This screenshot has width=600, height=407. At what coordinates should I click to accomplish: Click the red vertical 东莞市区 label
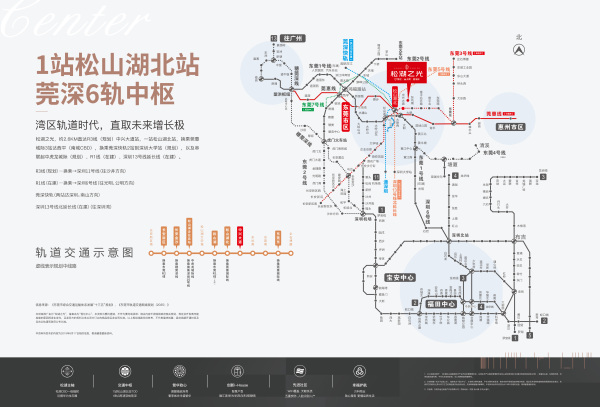(346, 108)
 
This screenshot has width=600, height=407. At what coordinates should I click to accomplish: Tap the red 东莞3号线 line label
(466, 49)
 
